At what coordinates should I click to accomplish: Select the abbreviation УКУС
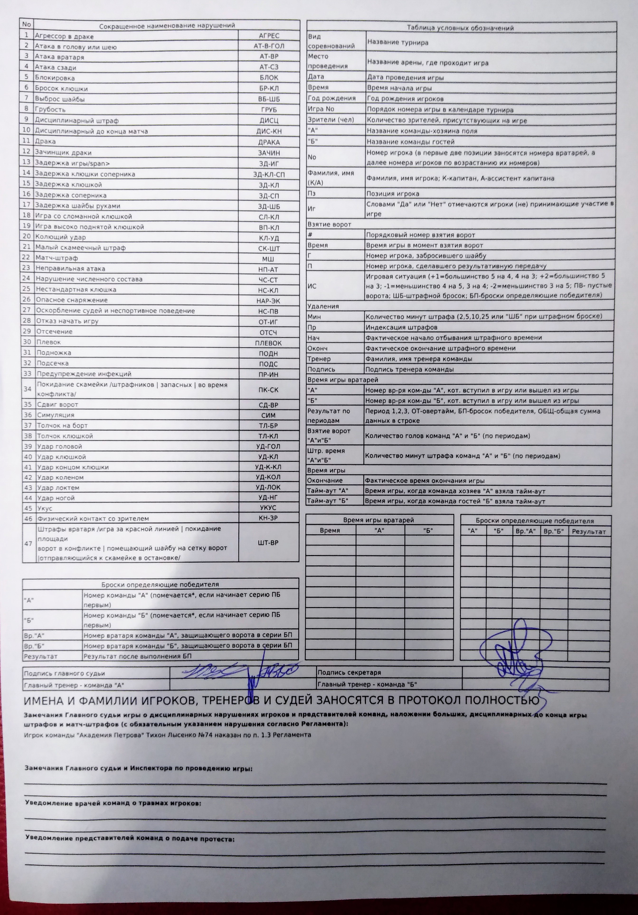[x=268, y=508]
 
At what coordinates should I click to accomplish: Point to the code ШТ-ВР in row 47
[x=268, y=543]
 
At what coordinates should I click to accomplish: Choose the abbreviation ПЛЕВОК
[x=268, y=343]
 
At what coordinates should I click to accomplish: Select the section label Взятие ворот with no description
[x=329, y=224]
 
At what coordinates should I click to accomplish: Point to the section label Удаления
[x=323, y=306]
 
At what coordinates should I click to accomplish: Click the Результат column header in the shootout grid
[x=589, y=532]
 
